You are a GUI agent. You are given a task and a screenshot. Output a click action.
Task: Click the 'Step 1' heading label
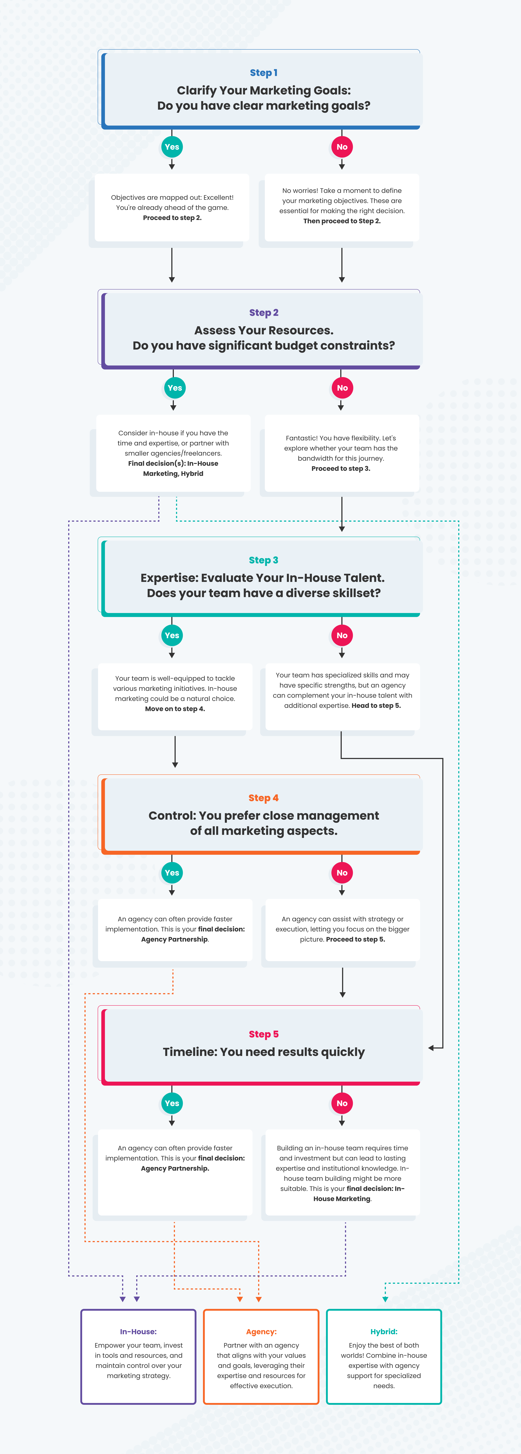[x=264, y=73]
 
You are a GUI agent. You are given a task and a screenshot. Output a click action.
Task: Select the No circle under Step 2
[x=342, y=388]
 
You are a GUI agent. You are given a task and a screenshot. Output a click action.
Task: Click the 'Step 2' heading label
[x=264, y=313]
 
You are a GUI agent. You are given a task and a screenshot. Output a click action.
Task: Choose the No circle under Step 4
[x=342, y=873]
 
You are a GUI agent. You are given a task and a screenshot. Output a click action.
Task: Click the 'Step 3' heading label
[x=264, y=560]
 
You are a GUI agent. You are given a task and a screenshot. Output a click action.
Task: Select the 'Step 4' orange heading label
[x=264, y=798]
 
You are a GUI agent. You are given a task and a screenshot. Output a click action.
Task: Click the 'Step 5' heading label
[x=264, y=1034]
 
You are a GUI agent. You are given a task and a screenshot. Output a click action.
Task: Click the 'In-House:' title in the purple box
[x=138, y=1332]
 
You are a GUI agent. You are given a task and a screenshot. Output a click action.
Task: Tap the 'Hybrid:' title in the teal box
[x=384, y=1332]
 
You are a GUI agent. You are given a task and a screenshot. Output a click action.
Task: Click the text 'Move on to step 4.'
[x=175, y=709]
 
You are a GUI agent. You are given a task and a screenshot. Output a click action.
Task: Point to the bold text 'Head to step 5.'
[x=376, y=705]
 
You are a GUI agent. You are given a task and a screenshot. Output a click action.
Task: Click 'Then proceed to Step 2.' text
[x=342, y=221]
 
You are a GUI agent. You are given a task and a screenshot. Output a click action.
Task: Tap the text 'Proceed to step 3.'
[x=341, y=468]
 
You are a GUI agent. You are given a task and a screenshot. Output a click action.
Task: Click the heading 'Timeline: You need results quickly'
[x=264, y=1052]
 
